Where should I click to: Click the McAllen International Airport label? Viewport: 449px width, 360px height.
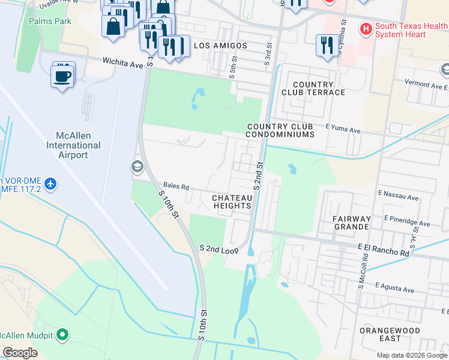point(73,145)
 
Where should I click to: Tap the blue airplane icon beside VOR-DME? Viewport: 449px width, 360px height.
point(51,182)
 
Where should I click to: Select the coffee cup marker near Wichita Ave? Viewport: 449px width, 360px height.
point(63,76)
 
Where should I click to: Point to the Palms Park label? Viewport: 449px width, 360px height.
point(50,21)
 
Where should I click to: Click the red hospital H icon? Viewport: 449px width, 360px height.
point(364,28)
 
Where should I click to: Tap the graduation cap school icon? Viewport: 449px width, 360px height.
point(137,166)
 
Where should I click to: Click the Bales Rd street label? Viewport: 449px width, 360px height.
point(177,186)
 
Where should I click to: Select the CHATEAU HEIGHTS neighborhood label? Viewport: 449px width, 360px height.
point(232,202)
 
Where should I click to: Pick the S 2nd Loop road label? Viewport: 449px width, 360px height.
point(220,248)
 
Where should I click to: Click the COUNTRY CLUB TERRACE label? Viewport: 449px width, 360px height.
point(313,88)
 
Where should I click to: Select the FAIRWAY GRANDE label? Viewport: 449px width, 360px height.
point(351,223)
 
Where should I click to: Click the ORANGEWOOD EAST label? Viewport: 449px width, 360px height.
point(384,334)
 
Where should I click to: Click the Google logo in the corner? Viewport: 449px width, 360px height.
point(20,353)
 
